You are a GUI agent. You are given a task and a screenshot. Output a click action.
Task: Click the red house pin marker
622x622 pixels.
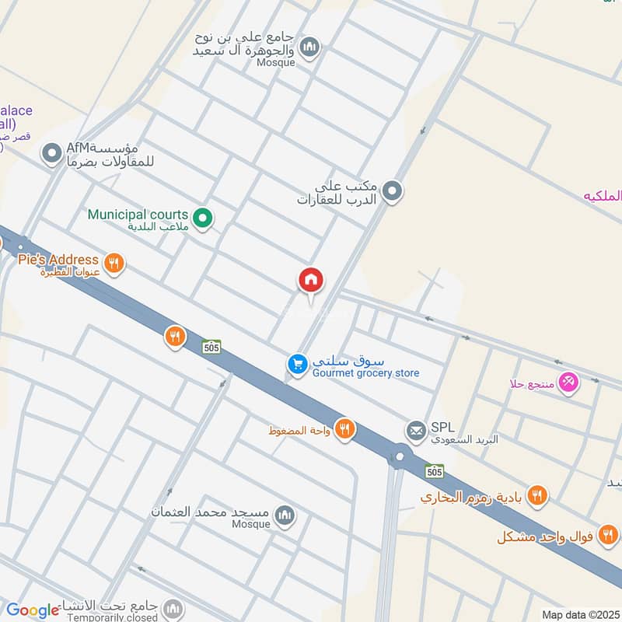311,281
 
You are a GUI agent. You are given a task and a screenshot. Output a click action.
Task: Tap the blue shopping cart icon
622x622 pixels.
296,363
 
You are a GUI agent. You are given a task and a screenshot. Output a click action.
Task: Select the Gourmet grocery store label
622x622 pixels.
365,373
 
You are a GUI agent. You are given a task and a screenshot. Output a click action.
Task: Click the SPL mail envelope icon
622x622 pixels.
416,429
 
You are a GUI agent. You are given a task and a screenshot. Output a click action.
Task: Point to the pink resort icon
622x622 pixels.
569,382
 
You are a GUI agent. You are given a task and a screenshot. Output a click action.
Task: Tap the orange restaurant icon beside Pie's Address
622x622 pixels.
114,264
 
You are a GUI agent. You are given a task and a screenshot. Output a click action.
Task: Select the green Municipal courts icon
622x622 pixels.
203,219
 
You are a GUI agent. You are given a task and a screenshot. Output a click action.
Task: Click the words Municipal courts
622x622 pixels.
138,215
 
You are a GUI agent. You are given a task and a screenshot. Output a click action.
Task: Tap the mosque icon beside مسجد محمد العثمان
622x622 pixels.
286,515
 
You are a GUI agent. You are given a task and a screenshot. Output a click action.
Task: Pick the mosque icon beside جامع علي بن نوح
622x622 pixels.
309,48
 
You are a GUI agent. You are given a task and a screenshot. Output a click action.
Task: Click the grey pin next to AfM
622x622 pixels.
51,153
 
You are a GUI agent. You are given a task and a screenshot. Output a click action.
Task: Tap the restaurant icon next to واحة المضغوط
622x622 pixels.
344,428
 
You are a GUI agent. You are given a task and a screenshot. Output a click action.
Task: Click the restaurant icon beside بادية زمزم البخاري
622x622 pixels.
536,494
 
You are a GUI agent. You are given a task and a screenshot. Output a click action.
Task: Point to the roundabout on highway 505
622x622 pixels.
400,456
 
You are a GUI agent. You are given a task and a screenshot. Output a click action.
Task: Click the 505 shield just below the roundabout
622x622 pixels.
435,471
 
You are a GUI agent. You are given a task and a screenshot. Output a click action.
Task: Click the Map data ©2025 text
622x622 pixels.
579,615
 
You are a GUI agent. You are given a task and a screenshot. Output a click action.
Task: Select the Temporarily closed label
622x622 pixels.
112,617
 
